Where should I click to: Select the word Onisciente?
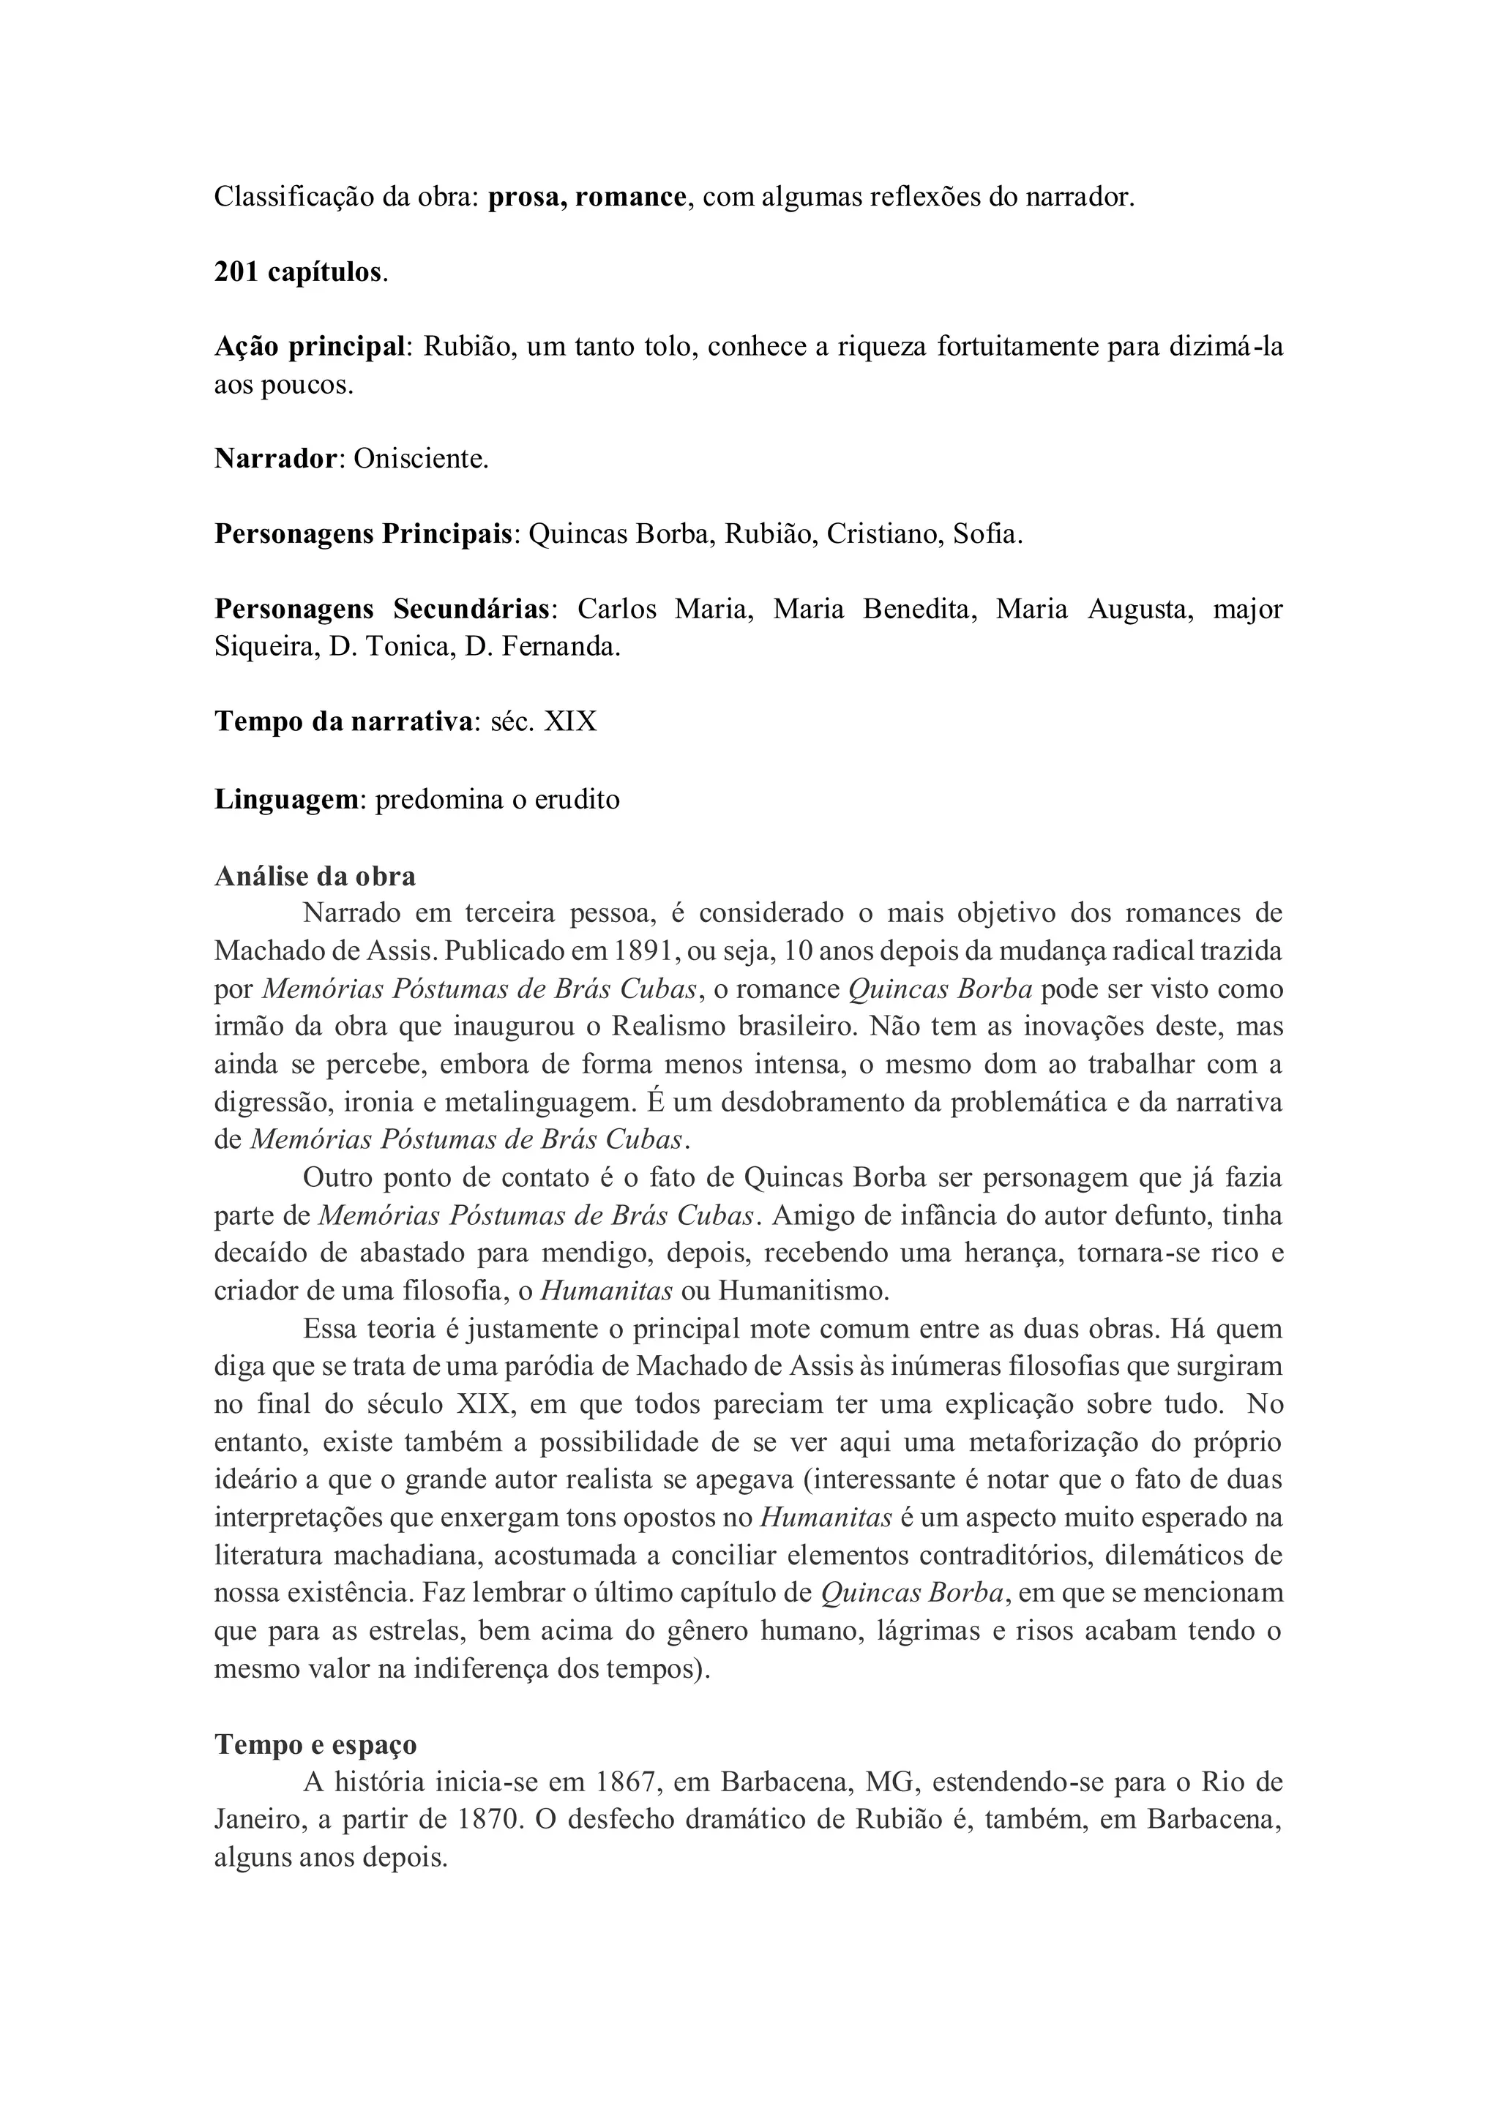pyautogui.click(x=420, y=459)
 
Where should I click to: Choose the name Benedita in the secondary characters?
pyautogui.click(x=919, y=609)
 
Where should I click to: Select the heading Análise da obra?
pyautogui.click(x=315, y=875)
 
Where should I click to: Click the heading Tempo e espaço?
pyautogui.click(x=315, y=1744)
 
